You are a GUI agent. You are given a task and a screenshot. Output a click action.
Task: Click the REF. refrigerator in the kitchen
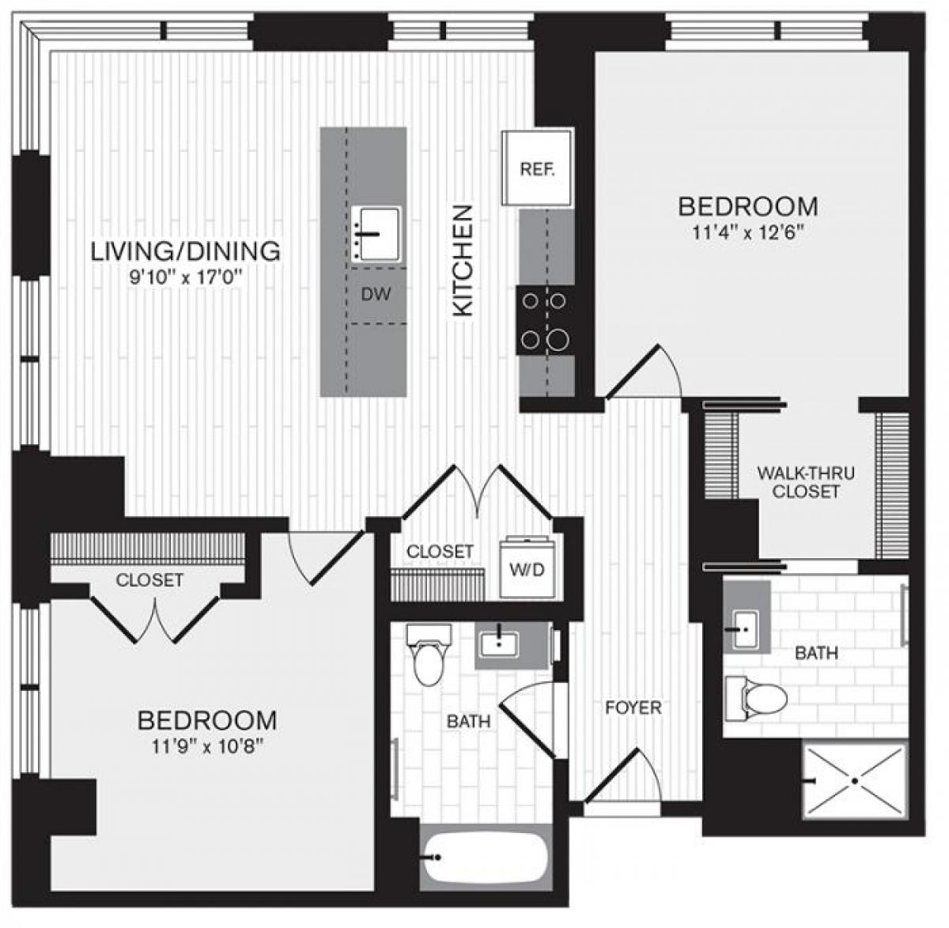(538, 168)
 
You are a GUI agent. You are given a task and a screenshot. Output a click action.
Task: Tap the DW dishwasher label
(377, 295)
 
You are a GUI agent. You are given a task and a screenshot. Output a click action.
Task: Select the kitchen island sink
(376, 233)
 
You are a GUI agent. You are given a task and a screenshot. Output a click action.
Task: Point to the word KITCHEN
(463, 261)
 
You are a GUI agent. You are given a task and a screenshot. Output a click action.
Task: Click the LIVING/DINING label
(186, 251)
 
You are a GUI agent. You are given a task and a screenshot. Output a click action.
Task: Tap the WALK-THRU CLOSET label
(805, 482)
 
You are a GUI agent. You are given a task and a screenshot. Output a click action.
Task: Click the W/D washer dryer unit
(527, 569)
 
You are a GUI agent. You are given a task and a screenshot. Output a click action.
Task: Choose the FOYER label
(633, 707)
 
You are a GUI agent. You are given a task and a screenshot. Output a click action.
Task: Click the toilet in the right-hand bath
(758, 698)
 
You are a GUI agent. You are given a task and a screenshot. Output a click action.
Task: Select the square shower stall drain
(855, 780)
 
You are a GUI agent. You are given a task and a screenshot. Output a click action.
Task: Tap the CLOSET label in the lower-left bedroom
(149, 580)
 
